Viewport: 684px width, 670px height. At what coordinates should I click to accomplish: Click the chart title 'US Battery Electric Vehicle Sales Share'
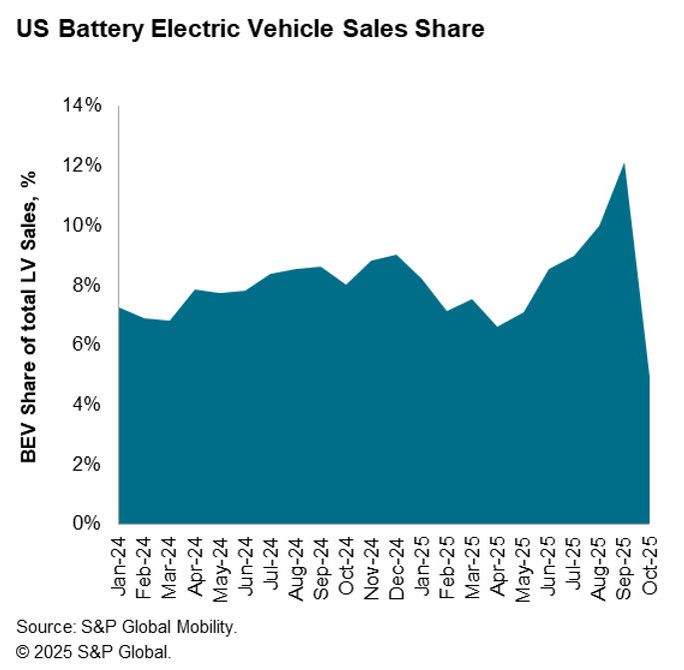click(x=250, y=29)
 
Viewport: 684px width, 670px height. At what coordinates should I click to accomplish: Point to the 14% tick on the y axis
click(x=81, y=106)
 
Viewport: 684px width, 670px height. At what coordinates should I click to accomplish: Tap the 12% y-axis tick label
click(x=81, y=165)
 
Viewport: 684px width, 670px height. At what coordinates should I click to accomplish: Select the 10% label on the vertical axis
click(x=81, y=225)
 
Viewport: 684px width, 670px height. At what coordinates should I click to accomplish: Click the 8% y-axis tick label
click(x=86, y=285)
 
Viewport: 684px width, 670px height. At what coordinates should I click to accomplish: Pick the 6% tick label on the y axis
click(x=86, y=344)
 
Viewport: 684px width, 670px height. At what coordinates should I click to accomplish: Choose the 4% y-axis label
click(x=86, y=404)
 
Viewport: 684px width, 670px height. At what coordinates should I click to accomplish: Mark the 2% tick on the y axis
click(x=86, y=464)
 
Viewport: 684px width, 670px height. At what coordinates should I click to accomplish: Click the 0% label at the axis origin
click(x=86, y=523)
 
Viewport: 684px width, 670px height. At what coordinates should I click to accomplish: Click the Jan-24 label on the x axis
click(x=121, y=564)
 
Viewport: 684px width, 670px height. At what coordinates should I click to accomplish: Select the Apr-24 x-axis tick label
click(x=196, y=564)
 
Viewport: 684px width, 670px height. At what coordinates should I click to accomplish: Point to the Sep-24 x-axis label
click(x=321, y=564)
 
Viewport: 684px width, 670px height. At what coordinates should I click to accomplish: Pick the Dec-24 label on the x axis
click(x=396, y=564)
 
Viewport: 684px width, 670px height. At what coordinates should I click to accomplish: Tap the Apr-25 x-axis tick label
click(x=497, y=564)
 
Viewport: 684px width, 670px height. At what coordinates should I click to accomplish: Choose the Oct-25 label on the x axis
click(x=648, y=564)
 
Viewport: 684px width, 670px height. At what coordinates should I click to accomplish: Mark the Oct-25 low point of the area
click(x=648, y=377)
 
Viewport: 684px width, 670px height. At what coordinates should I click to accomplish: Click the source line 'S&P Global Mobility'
click(x=127, y=627)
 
